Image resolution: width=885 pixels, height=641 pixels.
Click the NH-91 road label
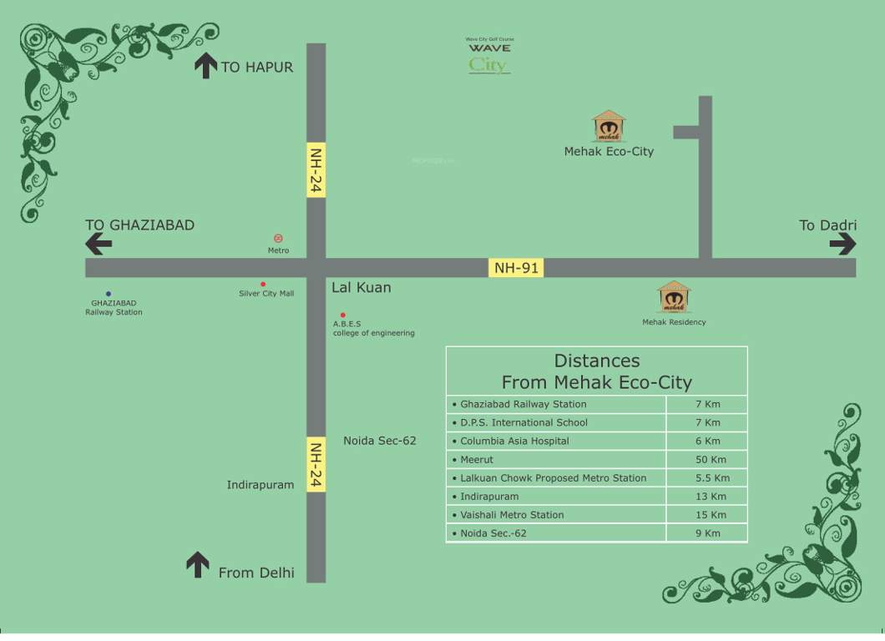[516, 268]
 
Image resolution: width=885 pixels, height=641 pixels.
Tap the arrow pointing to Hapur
[205, 65]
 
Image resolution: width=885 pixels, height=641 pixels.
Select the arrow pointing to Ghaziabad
[99, 244]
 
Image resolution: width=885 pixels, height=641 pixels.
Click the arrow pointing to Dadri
[842, 244]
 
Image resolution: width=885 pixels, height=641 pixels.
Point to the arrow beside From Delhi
[198, 564]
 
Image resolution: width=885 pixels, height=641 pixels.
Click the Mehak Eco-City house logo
[609, 127]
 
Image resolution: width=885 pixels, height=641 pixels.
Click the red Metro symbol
[278, 239]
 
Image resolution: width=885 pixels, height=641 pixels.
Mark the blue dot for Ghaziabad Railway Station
[109, 294]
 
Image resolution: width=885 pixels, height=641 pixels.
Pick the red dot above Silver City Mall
[263, 285]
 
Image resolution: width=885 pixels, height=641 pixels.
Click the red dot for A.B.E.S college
[342, 315]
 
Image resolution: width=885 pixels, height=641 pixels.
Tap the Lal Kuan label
[361, 288]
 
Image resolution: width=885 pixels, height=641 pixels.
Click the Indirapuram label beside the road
[260, 485]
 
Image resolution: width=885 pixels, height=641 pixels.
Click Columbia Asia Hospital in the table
[514, 441]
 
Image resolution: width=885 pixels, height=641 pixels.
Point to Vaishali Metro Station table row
[512, 515]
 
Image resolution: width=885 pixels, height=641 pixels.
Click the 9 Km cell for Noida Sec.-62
[707, 533]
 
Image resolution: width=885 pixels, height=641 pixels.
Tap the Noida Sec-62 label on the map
[379, 441]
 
